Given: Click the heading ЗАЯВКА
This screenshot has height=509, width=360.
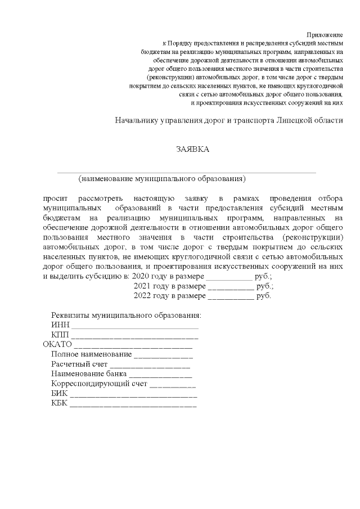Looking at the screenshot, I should coord(192,149).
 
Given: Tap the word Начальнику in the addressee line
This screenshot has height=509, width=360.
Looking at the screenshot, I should coord(137,120).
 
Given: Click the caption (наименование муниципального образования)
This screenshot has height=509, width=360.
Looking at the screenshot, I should coord(163,179).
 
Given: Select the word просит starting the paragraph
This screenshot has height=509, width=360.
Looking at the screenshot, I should coord(55,199).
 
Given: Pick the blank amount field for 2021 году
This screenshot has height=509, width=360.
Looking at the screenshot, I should coord(231,286).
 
